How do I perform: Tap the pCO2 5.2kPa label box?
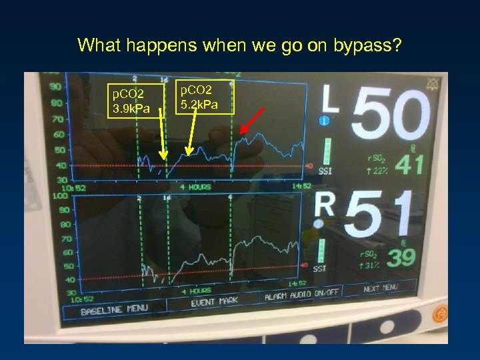tap(206, 97)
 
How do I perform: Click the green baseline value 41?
tap(409, 164)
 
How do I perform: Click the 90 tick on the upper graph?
tap(55, 87)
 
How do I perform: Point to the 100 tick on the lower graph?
tap(59, 196)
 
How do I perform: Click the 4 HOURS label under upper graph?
tap(195, 187)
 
